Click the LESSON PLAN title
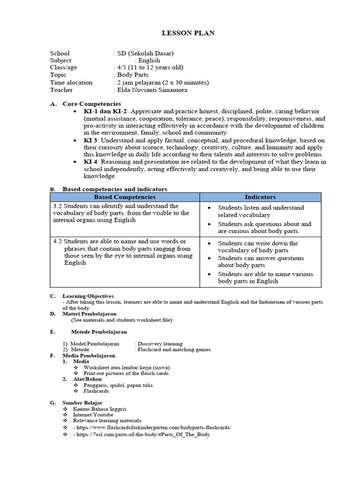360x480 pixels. (x=181, y=33)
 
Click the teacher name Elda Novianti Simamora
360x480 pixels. (x=152, y=90)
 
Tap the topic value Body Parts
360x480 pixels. (x=133, y=75)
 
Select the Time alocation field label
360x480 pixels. (x=71, y=82)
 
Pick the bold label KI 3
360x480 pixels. (x=91, y=140)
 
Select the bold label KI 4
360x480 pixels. (x=91, y=162)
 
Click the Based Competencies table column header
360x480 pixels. (x=125, y=197)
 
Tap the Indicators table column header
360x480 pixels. (x=260, y=197)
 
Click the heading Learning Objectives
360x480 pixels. (x=88, y=296)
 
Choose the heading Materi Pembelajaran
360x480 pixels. (x=90, y=314)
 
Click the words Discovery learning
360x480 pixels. (x=160, y=344)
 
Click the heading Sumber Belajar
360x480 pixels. (x=82, y=403)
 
